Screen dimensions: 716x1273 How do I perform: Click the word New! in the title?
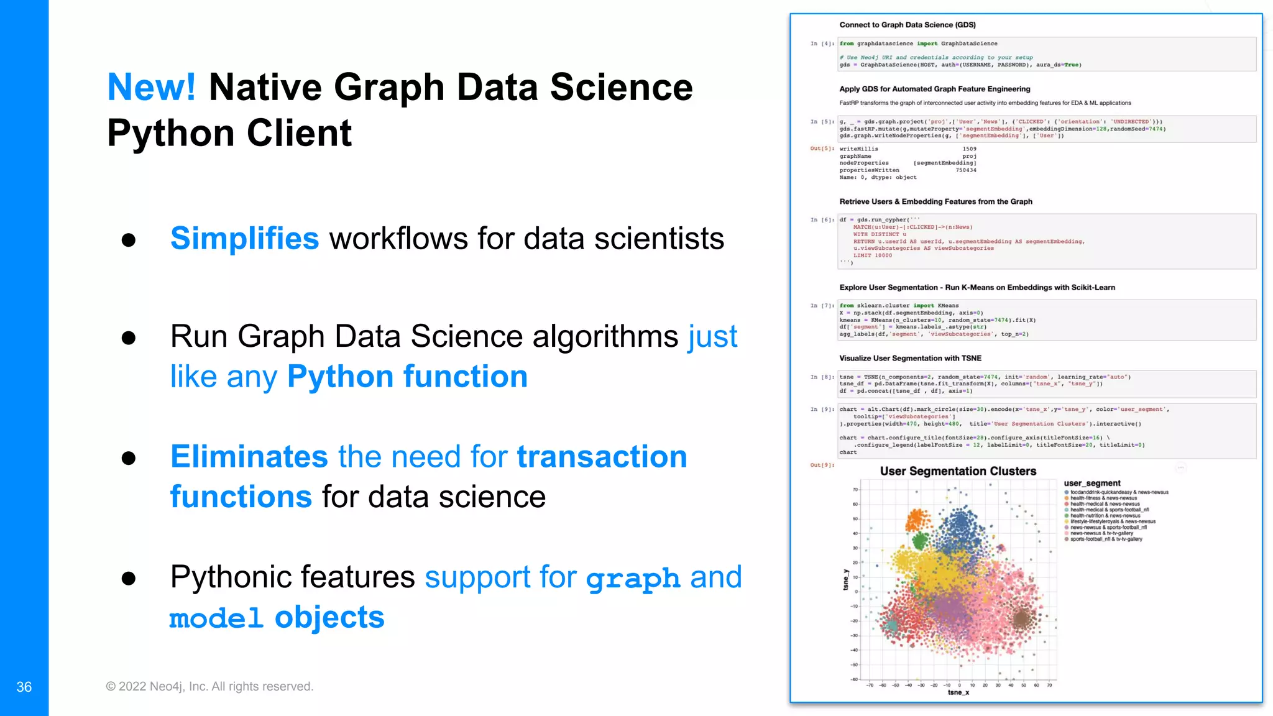[152, 87]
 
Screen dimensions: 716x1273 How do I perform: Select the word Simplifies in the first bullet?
[244, 239]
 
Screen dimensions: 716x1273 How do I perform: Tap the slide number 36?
[24, 687]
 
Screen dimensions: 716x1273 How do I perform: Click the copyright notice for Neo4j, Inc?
[209, 686]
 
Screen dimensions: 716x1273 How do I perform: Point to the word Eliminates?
[249, 457]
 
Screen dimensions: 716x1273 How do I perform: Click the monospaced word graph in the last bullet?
[633, 579]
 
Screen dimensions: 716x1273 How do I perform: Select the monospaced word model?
[216, 618]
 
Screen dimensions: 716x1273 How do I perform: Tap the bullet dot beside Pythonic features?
[129, 579]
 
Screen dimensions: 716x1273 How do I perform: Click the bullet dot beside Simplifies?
[129, 240]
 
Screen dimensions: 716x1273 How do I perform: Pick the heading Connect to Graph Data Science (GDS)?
[908, 25]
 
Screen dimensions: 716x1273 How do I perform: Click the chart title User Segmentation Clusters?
[958, 471]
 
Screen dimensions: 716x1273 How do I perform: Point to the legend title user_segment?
[1092, 483]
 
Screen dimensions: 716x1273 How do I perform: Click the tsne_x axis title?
[958, 692]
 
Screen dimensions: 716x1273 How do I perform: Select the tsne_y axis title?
[845, 579]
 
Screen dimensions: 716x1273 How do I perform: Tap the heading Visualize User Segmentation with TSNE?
[910, 358]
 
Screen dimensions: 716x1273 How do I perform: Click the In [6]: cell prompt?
[822, 220]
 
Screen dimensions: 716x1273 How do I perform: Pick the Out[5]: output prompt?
[822, 149]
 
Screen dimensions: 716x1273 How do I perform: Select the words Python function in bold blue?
[407, 377]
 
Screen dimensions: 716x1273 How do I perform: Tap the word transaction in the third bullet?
[602, 457]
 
